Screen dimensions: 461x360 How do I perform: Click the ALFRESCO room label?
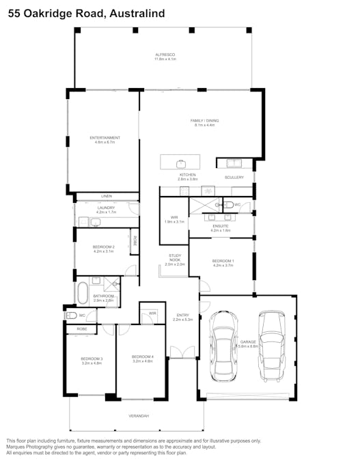[x=165, y=55]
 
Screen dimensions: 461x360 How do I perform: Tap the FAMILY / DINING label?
[x=204, y=121]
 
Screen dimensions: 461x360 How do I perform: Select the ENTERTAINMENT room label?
[x=105, y=138]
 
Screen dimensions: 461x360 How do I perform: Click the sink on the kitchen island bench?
[x=182, y=163]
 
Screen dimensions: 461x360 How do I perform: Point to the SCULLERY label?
[x=234, y=178]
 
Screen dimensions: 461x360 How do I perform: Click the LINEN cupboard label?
[x=106, y=197]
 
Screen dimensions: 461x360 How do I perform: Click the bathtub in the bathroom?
[x=83, y=292]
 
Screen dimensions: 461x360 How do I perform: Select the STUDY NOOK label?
[x=175, y=260]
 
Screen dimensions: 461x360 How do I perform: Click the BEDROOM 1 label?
[x=223, y=261]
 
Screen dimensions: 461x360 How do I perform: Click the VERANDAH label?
[x=139, y=416]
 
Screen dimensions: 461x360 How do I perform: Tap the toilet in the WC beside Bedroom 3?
[x=72, y=316]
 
